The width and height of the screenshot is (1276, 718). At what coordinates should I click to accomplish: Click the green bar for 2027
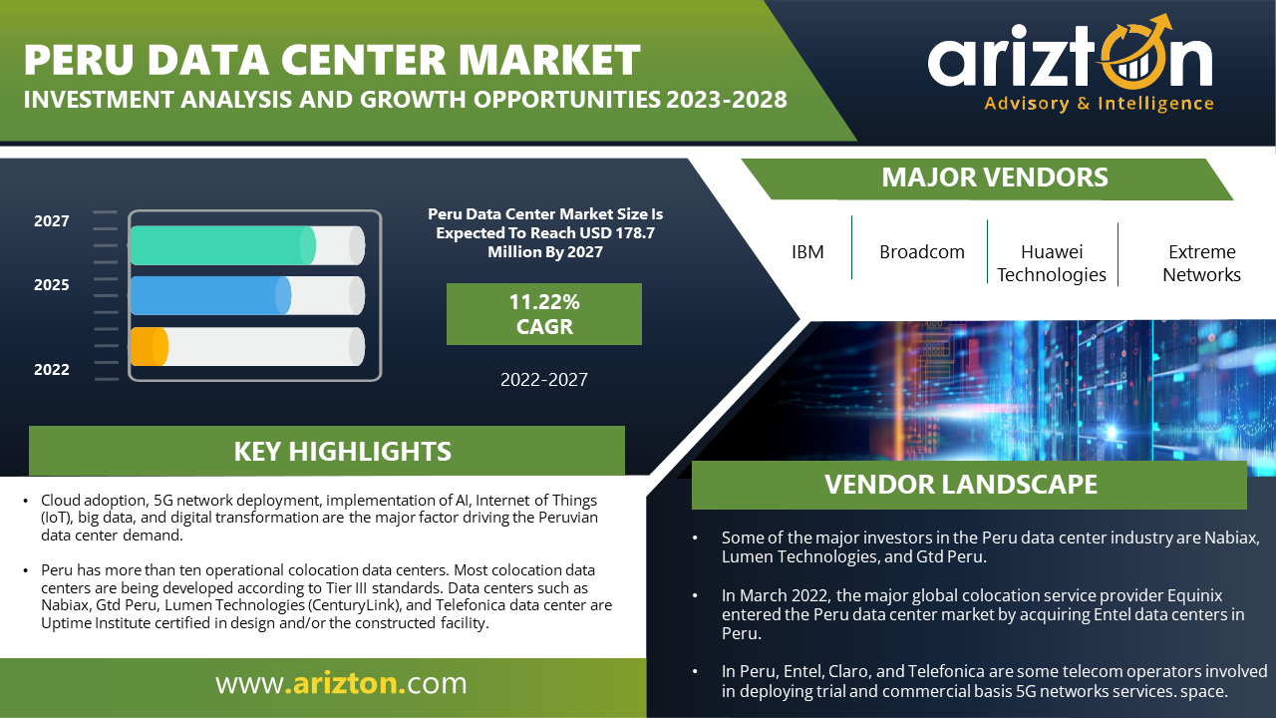222,245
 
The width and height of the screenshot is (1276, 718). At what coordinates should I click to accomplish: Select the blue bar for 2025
210,296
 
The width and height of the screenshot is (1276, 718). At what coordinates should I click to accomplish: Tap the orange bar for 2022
150,346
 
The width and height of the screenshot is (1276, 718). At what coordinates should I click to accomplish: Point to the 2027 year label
51,221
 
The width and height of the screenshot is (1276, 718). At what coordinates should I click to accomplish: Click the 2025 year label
51,285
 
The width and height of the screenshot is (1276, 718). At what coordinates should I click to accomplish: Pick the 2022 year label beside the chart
51,370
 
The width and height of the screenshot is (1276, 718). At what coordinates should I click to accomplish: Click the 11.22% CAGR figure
544,314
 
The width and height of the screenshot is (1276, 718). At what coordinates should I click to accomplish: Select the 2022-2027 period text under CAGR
544,380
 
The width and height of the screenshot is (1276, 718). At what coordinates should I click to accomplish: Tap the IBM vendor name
807,252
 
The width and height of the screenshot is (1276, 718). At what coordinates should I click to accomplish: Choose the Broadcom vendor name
922,252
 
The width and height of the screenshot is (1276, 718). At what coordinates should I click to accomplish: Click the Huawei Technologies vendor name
1052,263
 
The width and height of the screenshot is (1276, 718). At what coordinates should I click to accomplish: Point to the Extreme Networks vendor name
1201,263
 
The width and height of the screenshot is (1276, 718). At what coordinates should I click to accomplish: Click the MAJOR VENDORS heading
995,178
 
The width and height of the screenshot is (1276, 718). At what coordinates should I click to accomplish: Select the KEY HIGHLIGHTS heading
342,452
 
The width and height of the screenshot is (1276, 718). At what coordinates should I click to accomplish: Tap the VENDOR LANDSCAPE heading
960,485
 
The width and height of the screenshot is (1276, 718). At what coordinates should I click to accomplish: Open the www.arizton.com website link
341,683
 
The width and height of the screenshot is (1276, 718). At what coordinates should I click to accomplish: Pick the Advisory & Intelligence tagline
1099,104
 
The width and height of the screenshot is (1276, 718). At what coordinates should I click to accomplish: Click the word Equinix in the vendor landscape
1194,595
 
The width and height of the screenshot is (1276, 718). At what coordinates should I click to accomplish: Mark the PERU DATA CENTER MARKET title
332,60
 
